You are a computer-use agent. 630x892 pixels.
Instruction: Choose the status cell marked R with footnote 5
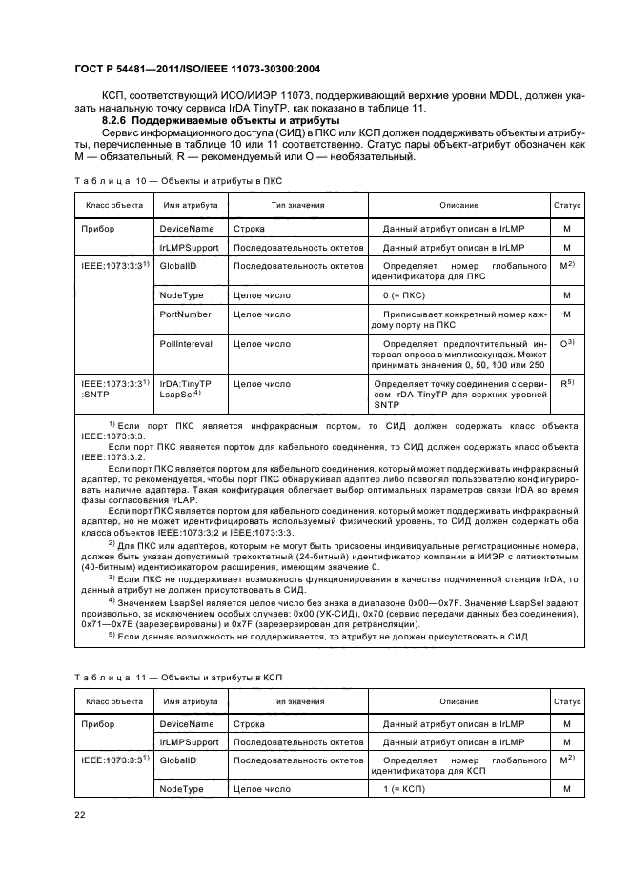click(567, 382)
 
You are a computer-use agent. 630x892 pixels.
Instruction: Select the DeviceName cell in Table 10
click(188, 230)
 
